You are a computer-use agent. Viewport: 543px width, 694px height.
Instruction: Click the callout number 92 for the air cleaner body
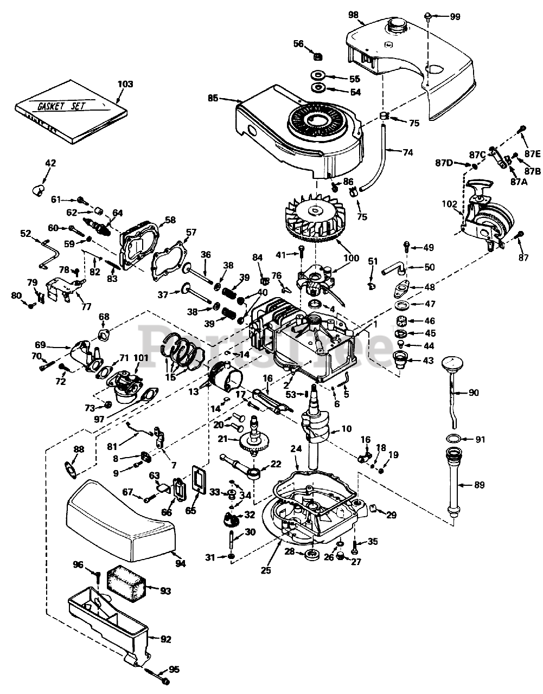165,640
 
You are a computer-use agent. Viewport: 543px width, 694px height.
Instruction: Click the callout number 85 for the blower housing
213,99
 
